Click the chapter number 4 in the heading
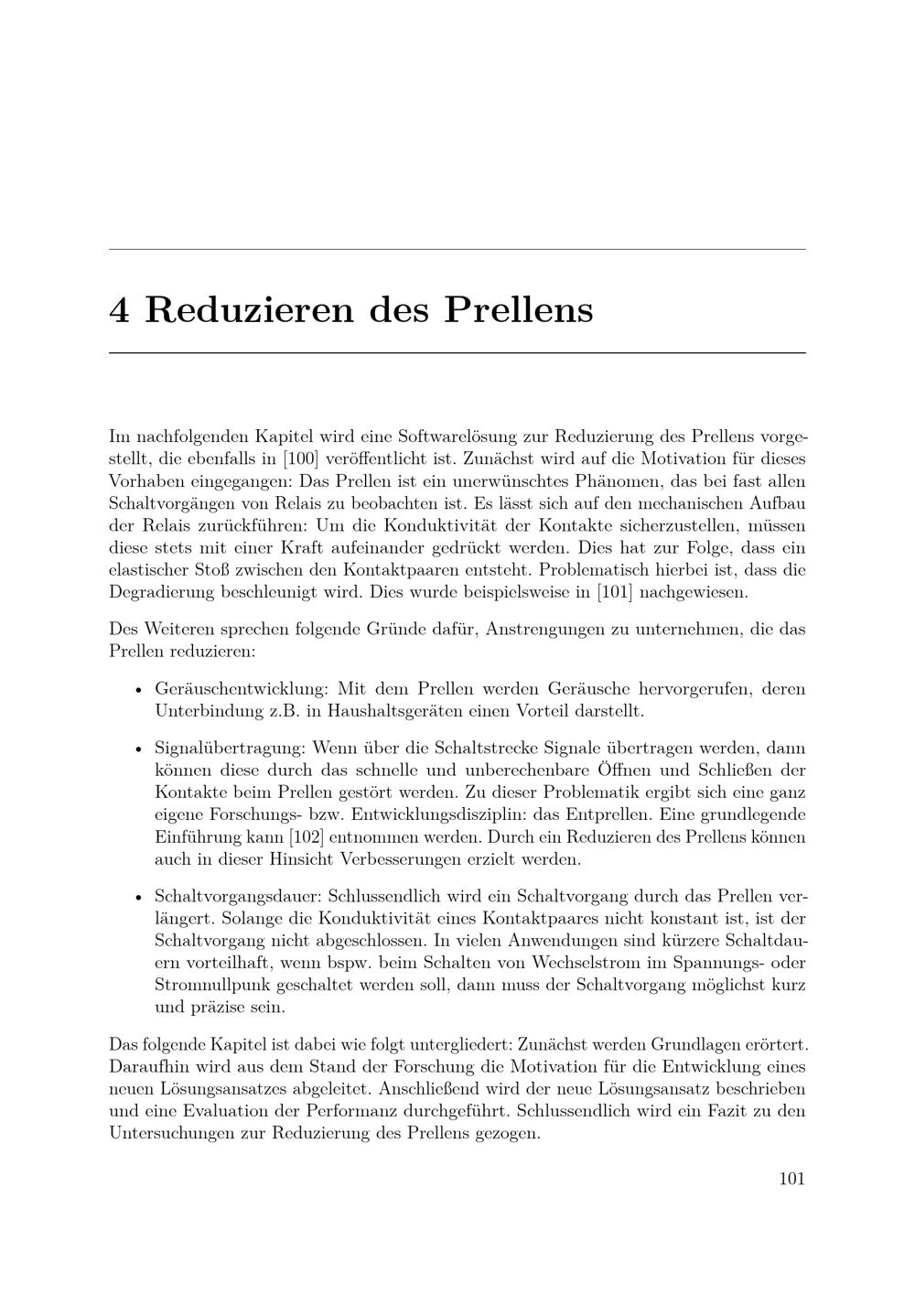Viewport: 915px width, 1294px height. pos(119,309)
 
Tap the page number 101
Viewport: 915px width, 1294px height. pos(791,1179)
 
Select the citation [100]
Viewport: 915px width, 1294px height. pos(300,458)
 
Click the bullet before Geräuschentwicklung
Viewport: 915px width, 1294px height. pos(138,689)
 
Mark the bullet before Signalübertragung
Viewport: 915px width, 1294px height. pos(138,749)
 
